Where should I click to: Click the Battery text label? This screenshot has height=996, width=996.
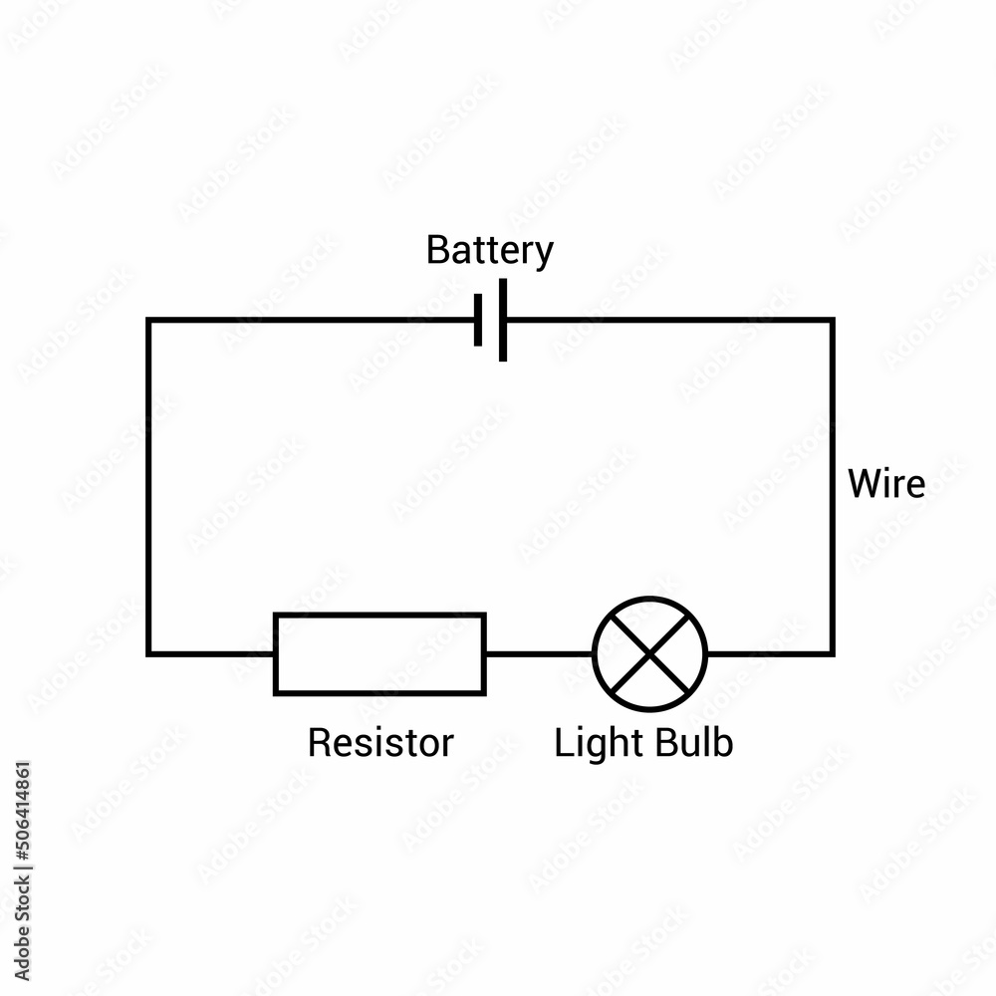[489, 250]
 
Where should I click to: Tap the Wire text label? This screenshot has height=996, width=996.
[885, 485]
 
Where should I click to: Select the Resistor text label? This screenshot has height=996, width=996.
[380, 743]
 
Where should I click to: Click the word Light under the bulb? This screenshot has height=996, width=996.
[594, 743]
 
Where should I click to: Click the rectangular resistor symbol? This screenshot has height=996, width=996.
[379, 653]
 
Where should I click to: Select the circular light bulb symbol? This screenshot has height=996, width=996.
[649, 653]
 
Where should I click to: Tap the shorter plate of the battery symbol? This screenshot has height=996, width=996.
[479, 320]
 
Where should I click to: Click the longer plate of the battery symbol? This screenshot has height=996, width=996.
[503, 320]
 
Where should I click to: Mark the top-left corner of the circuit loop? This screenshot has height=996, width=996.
[148, 320]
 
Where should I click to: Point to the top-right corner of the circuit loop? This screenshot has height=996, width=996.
[832, 320]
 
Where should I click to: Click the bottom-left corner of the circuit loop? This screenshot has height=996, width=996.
[148, 653]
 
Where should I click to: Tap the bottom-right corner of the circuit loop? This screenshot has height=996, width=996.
[832, 653]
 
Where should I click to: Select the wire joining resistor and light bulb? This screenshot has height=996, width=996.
[539, 653]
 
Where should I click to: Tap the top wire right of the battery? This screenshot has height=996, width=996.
[667, 320]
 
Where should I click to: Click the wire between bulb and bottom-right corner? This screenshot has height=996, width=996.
[769, 653]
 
